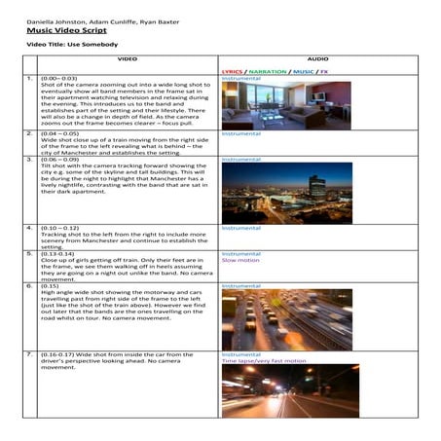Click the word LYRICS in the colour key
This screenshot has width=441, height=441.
[x=232, y=71]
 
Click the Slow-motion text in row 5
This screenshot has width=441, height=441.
[x=239, y=260]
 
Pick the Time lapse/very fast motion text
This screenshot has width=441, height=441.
[x=264, y=360]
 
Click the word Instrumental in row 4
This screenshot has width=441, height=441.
[x=241, y=228]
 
